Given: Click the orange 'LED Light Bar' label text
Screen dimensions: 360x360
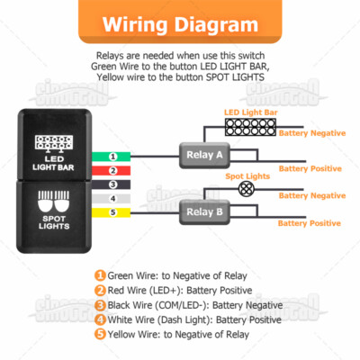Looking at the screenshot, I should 250,113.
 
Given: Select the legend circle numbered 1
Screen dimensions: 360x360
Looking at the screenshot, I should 100,275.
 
